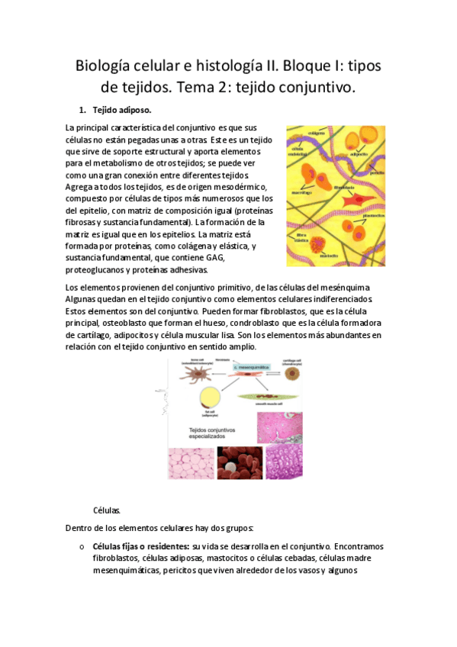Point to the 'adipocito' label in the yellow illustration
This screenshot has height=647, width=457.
[x=358, y=153]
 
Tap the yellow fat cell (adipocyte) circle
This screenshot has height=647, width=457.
[x=211, y=398]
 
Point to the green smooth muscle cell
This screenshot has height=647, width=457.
[x=262, y=397]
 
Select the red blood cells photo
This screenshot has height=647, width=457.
[x=238, y=462]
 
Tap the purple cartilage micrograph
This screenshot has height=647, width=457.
[x=285, y=462]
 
